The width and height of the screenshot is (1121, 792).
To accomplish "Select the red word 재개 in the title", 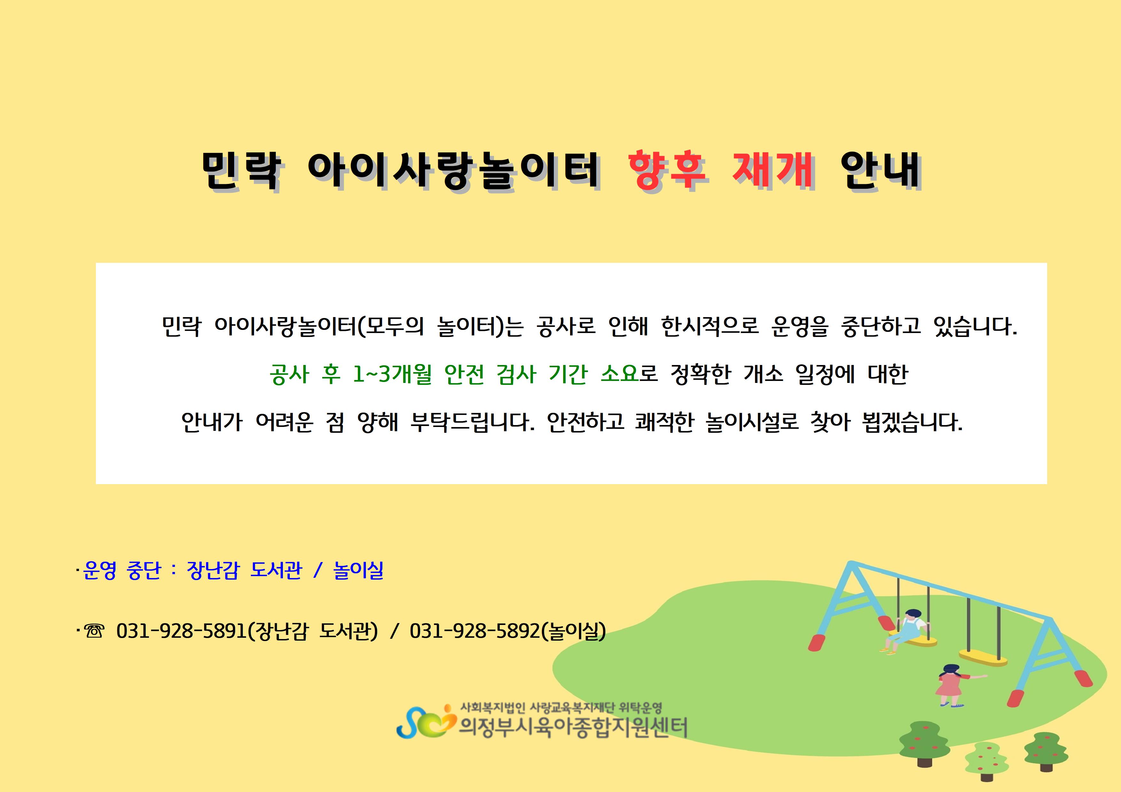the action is pos(773,170).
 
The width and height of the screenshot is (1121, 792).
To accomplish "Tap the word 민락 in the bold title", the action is pos(242,170).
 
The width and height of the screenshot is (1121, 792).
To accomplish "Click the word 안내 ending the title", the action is pos(880,170).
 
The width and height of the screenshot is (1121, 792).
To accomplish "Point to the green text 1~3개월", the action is pos(392,374).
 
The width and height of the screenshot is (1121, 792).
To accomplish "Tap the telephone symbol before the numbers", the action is pos(94,631).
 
